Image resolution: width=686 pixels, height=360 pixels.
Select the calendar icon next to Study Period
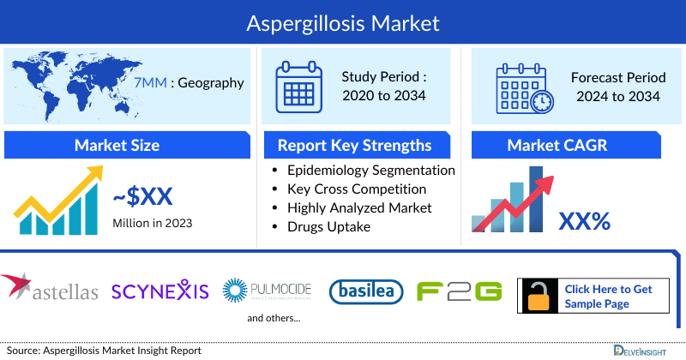click(298, 85)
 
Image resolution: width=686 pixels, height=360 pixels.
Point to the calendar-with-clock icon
click(524, 87)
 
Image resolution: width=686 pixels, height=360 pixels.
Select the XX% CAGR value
click(584, 221)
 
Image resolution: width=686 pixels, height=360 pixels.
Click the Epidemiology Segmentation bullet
click(370, 171)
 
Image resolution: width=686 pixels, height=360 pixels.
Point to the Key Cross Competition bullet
click(357, 189)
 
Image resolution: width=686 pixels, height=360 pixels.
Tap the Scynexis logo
click(160, 291)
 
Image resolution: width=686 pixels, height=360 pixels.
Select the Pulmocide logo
click(267, 290)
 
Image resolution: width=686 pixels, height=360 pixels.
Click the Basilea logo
click(367, 291)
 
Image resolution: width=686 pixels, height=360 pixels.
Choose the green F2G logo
click(459, 291)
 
